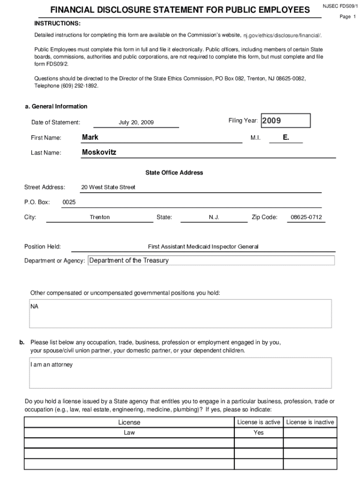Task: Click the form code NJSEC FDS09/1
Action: (339, 7)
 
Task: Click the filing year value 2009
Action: (271, 121)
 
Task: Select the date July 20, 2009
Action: (136, 123)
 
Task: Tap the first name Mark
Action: (90, 137)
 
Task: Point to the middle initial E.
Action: (286, 137)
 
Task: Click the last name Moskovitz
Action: (99, 152)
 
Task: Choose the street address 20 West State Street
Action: (108, 187)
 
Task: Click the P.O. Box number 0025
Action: (69, 202)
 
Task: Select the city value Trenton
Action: (100, 217)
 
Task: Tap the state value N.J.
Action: (214, 217)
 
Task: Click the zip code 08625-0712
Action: (306, 217)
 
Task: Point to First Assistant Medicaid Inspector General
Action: (203, 247)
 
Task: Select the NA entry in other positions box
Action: (35, 306)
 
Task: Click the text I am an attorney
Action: (52, 364)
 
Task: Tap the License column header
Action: (129, 422)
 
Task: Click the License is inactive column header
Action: (310, 422)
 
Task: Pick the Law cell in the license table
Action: (129, 433)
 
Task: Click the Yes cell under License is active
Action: (259, 433)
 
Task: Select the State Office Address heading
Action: (174, 173)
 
